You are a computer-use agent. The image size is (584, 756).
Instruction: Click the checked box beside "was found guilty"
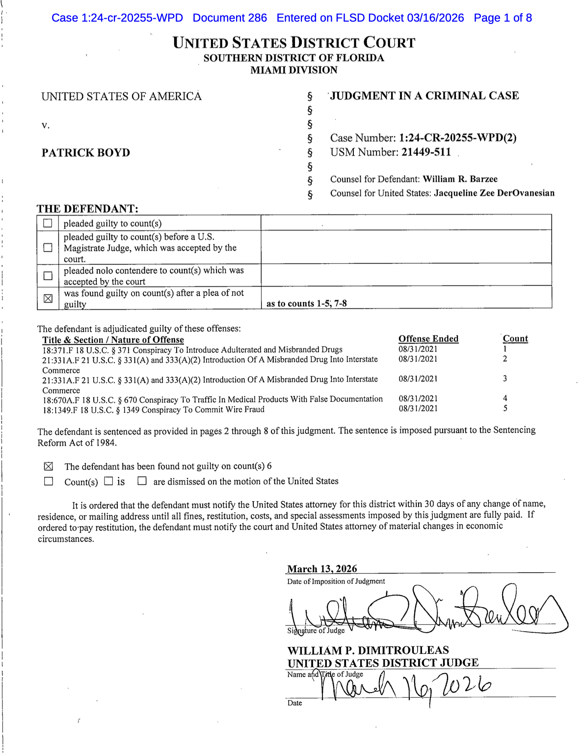tap(48, 298)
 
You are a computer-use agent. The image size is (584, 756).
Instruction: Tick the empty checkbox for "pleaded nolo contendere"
tap(48, 276)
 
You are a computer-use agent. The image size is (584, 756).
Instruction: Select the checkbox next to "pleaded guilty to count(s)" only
tap(48, 223)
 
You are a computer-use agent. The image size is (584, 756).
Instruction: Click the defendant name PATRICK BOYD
tap(86, 153)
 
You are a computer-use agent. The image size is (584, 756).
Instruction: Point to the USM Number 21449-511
tap(426, 152)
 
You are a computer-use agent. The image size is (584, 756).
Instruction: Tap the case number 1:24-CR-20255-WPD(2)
tap(457, 138)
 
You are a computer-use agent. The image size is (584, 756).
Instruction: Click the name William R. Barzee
tap(460, 179)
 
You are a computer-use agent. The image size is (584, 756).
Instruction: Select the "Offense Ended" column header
tap(428, 338)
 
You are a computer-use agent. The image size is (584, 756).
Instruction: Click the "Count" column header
tap(515, 338)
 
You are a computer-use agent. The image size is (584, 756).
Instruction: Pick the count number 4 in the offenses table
tap(505, 398)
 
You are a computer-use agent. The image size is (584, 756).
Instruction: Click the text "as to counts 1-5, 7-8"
tap(307, 304)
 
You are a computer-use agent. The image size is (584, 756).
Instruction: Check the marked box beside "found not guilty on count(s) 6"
tap(49, 466)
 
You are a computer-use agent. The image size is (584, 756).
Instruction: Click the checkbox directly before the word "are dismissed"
tap(142, 481)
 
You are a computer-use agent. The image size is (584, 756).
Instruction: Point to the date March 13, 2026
tap(322, 569)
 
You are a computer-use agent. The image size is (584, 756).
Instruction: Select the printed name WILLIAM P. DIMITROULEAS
tap(368, 650)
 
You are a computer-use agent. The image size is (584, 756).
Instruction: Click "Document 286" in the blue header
tap(230, 18)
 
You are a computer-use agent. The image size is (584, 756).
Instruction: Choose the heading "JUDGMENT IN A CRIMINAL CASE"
tap(425, 96)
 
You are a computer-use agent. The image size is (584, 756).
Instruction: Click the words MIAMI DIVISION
tap(294, 70)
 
